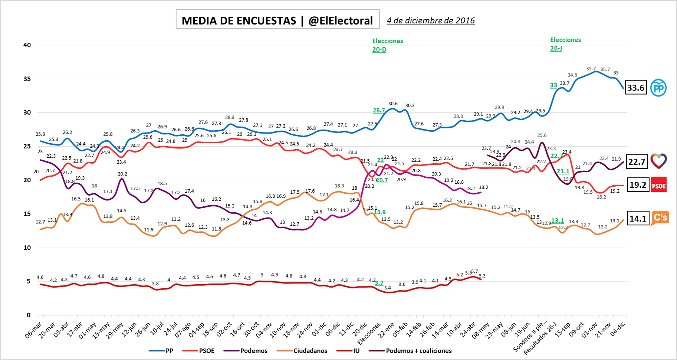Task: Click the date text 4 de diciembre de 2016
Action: (430, 20)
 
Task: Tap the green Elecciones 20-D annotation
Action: (387, 45)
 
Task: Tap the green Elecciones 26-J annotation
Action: (565, 44)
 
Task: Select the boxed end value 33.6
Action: (636, 88)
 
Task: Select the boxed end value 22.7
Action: (637, 162)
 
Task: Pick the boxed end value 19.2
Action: (638, 185)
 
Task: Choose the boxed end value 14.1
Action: (638, 218)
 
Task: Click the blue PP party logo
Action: (658, 88)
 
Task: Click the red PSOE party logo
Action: (659, 185)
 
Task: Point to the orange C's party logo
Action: (660, 218)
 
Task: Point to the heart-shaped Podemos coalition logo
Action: (659, 161)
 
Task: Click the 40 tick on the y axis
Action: (27, 45)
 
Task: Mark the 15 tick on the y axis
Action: (27, 214)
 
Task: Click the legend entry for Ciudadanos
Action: (310, 351)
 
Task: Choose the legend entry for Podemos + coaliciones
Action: (418, 351)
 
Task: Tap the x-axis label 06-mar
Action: (33, 330)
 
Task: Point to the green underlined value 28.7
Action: (379, 110)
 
